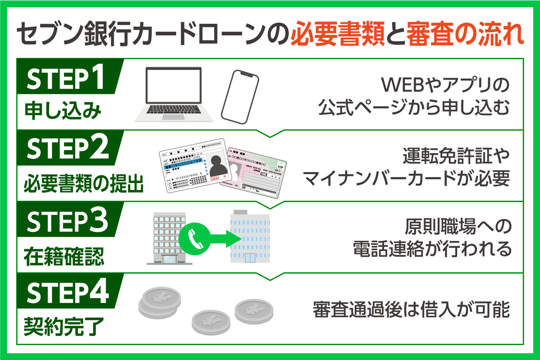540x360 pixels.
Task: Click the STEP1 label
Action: pyautogui.click(x=66, y=80)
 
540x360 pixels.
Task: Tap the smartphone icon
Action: pyautogui.click(x=240, y=96)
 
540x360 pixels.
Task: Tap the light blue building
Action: pyautogui.click(x=250, y=237)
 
